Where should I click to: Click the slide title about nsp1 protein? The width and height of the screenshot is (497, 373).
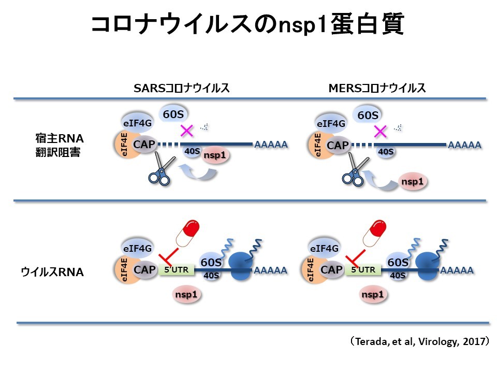[x=247, y=25]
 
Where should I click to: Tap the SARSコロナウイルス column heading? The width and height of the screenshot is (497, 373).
[x=181, y=88]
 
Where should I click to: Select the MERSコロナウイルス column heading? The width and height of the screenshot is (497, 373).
[x=377, y=88]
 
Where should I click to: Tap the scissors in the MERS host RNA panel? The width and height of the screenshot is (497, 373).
[x=355, y=170]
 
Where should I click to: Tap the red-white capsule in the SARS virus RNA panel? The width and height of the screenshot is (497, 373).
[x=188, y=234]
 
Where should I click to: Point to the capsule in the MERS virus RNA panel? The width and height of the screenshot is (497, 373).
[x=375, y=234]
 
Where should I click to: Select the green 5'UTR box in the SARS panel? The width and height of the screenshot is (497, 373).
[x=177, y=269]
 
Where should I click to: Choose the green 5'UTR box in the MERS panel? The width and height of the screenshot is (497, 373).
[x=363, y=269]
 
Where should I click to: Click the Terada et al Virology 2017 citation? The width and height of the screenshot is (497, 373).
[x=419, y=341]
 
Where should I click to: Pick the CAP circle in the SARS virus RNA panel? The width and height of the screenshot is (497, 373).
[x=144, y=270]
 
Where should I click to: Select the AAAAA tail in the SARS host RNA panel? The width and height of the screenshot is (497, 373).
[x=271, y=145]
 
